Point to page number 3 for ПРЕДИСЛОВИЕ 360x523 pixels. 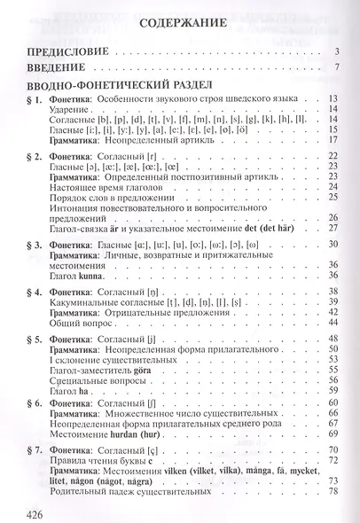[337, 51]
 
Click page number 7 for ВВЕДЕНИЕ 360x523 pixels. [337, 67]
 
